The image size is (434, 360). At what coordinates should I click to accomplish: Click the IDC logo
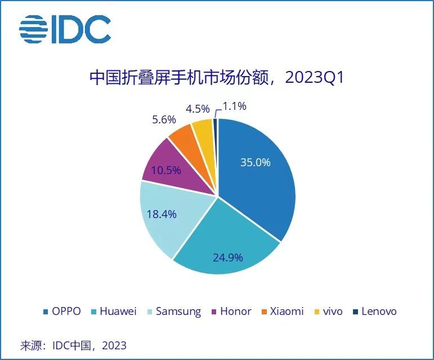point(65,29)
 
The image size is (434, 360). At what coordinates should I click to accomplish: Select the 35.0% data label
point(255,163)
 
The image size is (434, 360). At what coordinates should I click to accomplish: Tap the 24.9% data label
point(227,257)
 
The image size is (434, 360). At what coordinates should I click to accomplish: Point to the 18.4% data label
point(162,214)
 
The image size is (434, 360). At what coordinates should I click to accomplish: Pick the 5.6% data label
point(164,119)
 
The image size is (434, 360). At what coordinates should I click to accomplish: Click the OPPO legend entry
point(61,312)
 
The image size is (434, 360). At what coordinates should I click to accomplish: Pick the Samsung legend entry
point(172,312)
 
